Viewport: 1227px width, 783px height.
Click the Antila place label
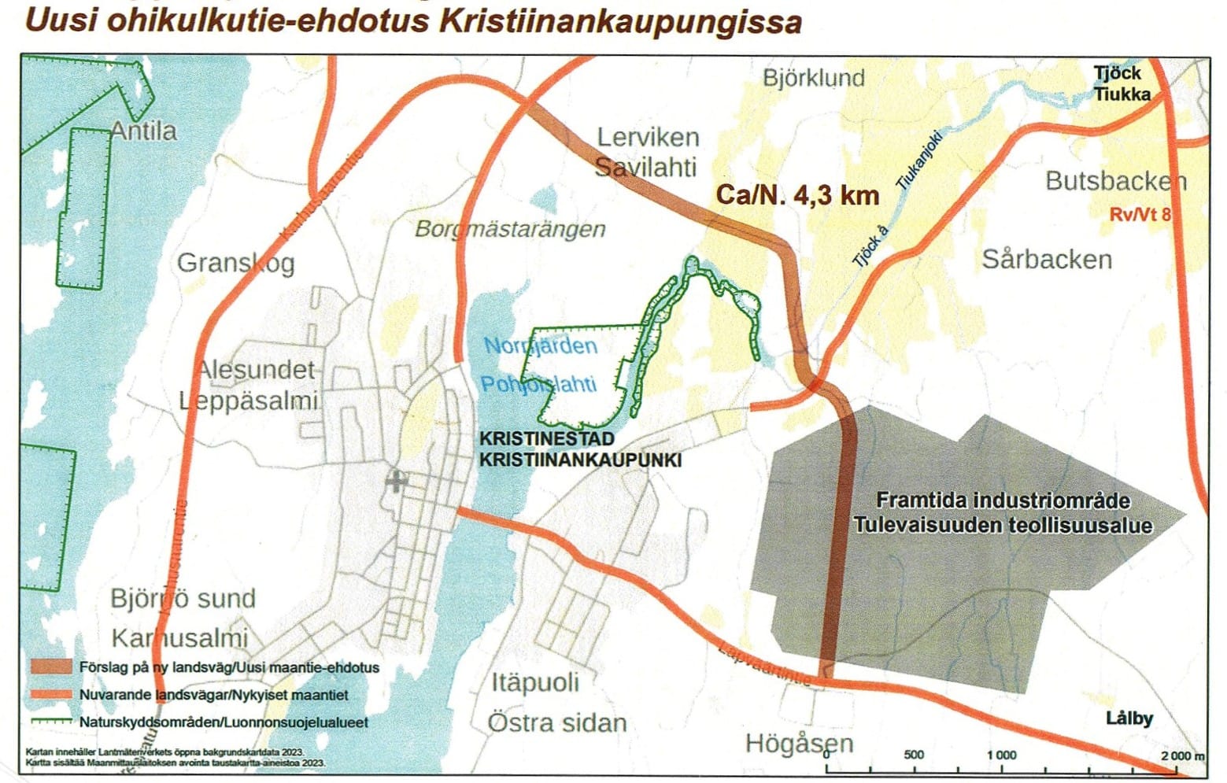[x=143, y=131]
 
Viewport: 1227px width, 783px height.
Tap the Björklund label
[x=814, y=78]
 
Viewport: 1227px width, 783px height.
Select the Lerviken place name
[x=648, y=137]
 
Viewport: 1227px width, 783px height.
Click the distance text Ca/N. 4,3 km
[x=796, y=194]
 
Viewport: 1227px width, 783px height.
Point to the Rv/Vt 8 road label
[x=1139, y=214]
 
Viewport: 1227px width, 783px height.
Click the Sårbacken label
[x=1046, y=259]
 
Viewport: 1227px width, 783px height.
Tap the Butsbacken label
[x=1114, y=181]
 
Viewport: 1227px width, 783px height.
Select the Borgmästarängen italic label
[x=510, y=229]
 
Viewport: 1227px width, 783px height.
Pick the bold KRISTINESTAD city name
[x=546, y=439]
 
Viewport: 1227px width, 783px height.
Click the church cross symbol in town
[x=396, y=481]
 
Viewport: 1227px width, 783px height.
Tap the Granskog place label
[x=235, y=263]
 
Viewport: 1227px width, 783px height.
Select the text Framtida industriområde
[x=1003, y=500]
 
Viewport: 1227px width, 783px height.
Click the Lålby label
[x=1129, y=718]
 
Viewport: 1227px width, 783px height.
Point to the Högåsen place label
[x=799, y=743]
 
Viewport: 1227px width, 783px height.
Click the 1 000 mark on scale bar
[x=1001, y=755]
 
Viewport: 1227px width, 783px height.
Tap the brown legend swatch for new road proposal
[x=51, y=667]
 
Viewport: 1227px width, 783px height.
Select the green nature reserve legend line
[x=51, y=721]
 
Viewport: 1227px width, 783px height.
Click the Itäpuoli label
[x=535, y=682]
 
